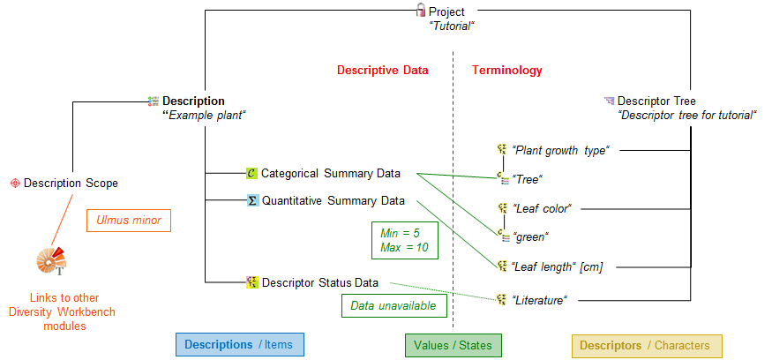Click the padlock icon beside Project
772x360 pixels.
pyautogui.click(x=421, y=10)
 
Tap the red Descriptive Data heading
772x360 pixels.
pyautogui.click(x=383, y=71)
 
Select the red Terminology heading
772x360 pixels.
pyautogui.click(x=507, y=71)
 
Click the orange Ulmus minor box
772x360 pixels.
pyautogui.click(x=129, y=221)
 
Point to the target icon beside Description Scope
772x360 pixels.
pyautogui.click(x=15, y=184)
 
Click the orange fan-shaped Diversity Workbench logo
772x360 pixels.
pyautogui.click(x=50, y=261)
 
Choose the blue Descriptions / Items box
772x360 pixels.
pyautogui.click(x=240, y=345)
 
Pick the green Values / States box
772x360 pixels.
pyautogui.click(x=453, y=345)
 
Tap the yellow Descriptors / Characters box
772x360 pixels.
pyautogui.click(x=647, y=346)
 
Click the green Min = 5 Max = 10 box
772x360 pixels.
pyautogui.click(x=404, y=240)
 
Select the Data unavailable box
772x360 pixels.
pyautogui.click(x=393, y=306)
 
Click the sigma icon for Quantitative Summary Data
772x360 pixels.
pyautogui.click(x=252, y=200)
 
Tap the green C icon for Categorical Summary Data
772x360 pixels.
pyautogui.click(x=251, y=173)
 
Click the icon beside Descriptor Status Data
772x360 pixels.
pyautogui.click(x=252, y=282)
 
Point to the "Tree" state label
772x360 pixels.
pyautogui.click(x=528, y=180)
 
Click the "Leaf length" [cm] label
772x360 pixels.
pyautogui.click(x=558, y=267)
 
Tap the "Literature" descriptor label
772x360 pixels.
pyautogui.click(x=540, y=300)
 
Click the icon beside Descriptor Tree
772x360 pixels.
pyautogui.click(x=610, y=101)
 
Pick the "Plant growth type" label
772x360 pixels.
pyautogui.click(x=561, y=151)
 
